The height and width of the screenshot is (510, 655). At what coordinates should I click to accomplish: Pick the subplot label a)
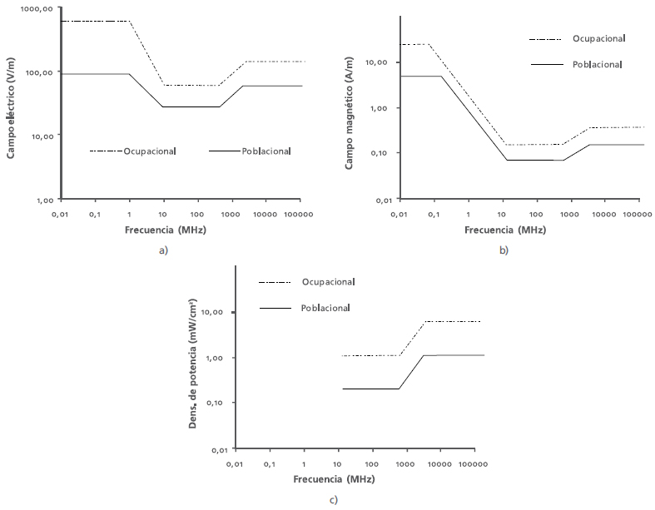coord(163,250)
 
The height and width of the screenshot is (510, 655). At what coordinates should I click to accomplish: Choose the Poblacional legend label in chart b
coord(598,64)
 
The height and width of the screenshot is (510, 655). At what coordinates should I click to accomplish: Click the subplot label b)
coord(504,250)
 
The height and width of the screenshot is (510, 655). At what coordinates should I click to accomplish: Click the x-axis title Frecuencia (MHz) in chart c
coord(333,480)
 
